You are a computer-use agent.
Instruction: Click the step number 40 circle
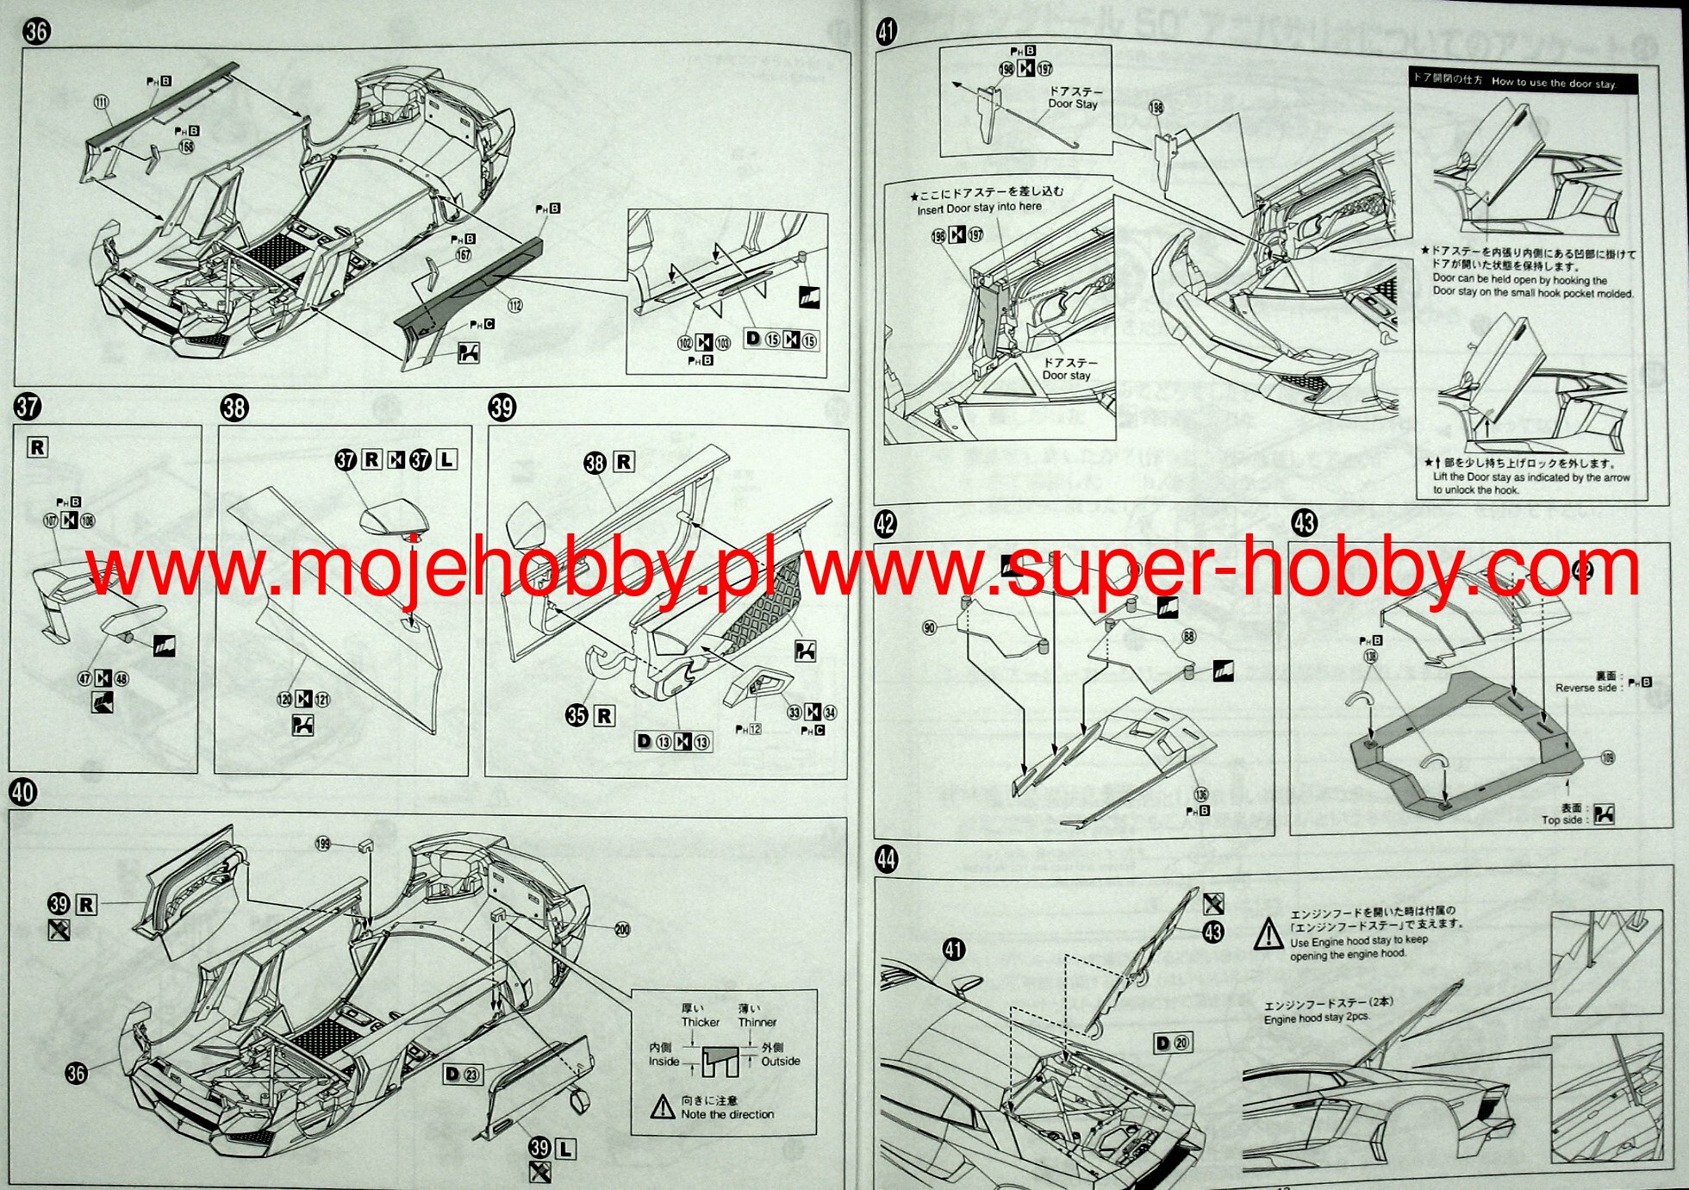click(x=23, y=792)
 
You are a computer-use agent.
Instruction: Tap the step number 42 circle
click(x=885, y=523)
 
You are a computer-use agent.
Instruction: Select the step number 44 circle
click(x=886, y=859)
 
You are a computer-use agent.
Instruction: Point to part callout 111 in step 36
click(x=102, y=103)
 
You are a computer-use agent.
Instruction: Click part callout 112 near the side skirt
click(x=515, y=305)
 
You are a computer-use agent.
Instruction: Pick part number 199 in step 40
click(x=323, y=844)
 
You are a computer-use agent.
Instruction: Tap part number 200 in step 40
click(x=622, y=929)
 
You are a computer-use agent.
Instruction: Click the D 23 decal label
click(x=462, y=1074)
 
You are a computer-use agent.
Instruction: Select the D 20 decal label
click(x=1172, y=1044)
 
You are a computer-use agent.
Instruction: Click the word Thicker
click(x=700, y=1022)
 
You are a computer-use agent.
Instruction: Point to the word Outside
click(x=780, y=1062)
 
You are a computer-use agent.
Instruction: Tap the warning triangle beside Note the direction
click(x=662, y=1107)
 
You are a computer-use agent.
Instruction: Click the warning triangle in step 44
click(x=1268, y=933)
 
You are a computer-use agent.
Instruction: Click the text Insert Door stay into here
click(x=979, y=208)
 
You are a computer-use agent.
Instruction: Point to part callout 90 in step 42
click(x=929, y=627)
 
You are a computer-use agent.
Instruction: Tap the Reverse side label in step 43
click(x=1586, y=688)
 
